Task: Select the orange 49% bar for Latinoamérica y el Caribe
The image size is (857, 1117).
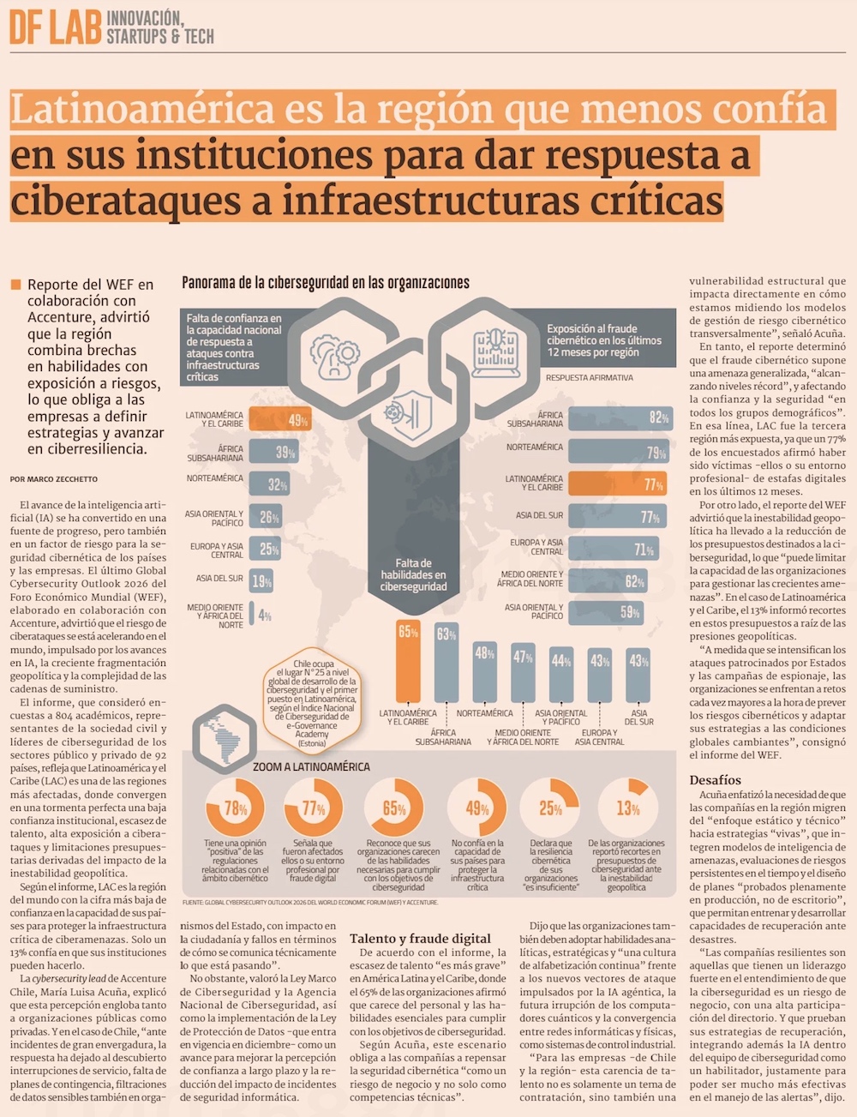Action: pos(279,420)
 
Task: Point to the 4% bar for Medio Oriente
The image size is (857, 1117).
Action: pos(251,615)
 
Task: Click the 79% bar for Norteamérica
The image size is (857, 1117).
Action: pos(619,452)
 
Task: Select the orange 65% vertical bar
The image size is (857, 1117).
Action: pos(408,660)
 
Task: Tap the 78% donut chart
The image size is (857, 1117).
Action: pos(236,808)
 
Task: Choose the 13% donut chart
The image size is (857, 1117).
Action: pos(628,808)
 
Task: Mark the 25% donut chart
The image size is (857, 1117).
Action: pos(550,808)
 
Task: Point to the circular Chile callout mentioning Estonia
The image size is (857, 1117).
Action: pos(312,704)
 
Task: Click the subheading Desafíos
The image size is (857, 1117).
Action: pos(715,780)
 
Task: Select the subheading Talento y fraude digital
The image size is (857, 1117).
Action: pos(420,939)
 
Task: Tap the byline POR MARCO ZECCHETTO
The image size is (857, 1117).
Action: pos(54,479)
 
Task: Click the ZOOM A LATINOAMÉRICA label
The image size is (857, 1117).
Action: pos(311,766)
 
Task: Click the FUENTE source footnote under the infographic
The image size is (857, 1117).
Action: pos(310,903)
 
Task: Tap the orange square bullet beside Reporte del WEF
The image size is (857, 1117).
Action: pos(15,285)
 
